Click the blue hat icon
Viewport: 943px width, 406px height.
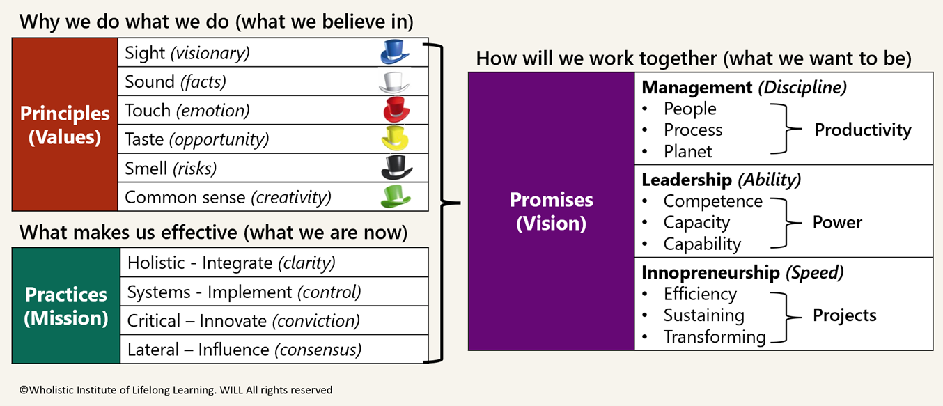click(x=394, y=52)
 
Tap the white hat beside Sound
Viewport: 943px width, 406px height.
click(x=394, y=81)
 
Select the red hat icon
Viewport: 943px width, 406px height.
click(x=394, y=110)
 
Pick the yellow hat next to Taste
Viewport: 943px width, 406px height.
click(x=394, y=139)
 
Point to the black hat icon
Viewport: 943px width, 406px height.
click(x=394, y=168)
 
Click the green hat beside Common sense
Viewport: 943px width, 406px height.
click(x=394, y=196)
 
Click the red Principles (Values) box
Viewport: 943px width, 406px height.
click(x=65, y=125)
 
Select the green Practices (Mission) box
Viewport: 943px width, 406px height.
click(x=66, y=306)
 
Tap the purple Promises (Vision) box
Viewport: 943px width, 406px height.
click(x=551, y=211)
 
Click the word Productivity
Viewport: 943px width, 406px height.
click(x=863, y=130)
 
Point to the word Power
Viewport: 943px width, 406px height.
click(x=837, y=222)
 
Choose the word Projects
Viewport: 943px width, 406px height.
click(x=844, y=315)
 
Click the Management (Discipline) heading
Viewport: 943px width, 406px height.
click(x=744, y=88)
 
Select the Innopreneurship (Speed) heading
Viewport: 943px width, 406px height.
click(x=742, y=272)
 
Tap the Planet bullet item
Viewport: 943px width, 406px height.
click(x=687, y=151)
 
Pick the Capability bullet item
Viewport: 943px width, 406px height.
click(x=702, y=244)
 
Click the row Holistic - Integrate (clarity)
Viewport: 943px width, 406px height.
click(x=231, y=263)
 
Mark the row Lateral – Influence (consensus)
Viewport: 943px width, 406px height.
click(x=244, y=349)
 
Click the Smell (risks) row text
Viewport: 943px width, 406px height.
click(x=171, y=168)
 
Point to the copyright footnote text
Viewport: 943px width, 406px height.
click(x=176, y=390)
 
